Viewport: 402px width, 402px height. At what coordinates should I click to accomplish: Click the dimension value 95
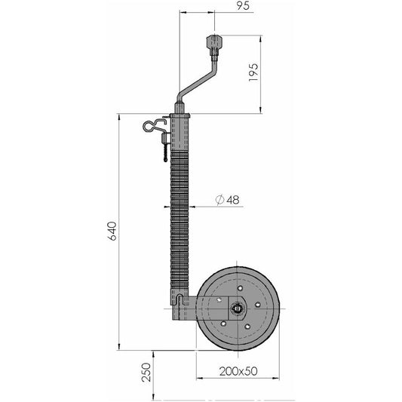pos(243,5)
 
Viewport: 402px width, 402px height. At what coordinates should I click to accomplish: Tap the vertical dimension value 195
pos(253,72)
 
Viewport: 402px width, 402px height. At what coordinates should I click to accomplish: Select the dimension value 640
pos(112,231)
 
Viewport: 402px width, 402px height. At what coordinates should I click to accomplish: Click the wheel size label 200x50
pos(238,371)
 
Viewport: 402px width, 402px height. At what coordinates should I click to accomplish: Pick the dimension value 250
pos(146,373)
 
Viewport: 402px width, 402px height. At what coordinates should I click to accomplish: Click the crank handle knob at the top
pos(215,43)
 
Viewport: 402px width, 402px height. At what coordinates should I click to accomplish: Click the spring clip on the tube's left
pos(155,125)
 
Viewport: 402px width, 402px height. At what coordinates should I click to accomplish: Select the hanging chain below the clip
pos(166,152)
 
